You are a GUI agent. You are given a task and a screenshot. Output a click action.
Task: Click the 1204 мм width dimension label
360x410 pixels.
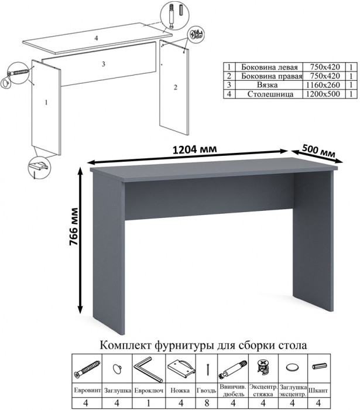coord(195,149)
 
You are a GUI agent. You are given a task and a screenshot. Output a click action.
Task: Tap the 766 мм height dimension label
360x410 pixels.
coord(74,227)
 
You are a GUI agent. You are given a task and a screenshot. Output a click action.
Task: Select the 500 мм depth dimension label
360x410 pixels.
coord(318,151)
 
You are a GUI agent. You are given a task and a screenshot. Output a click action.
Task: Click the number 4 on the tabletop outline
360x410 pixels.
coord(96,38)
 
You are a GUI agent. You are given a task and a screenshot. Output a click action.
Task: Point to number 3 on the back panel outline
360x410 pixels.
coord(104,64)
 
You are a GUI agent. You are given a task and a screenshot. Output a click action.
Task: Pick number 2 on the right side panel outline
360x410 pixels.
coord(175,87)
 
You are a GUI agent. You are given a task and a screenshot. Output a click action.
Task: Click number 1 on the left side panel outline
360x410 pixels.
coord(46,102)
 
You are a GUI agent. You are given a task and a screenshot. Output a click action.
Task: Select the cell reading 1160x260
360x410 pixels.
coord(324,85)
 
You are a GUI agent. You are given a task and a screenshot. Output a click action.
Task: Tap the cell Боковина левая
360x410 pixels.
coord(269,67)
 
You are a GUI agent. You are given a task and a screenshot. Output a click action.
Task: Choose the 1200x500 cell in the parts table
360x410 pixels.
coord(324,94)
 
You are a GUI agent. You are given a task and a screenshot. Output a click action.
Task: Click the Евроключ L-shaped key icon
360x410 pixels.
coord(148,369)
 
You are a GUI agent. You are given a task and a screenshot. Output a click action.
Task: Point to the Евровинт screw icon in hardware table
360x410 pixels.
coord(87,368)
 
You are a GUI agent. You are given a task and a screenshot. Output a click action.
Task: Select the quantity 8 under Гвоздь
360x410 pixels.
coord(207,403)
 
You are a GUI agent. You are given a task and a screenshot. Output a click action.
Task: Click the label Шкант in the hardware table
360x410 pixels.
coord(318,391)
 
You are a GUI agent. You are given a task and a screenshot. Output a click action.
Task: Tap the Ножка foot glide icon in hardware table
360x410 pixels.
coord(181,368)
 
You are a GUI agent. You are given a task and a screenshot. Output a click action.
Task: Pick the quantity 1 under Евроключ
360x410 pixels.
coord(148,403)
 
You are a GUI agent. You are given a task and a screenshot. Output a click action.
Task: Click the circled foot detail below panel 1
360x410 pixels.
coord(39,168)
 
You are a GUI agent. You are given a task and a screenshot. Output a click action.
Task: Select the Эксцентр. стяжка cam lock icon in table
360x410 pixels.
coord(263,367)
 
